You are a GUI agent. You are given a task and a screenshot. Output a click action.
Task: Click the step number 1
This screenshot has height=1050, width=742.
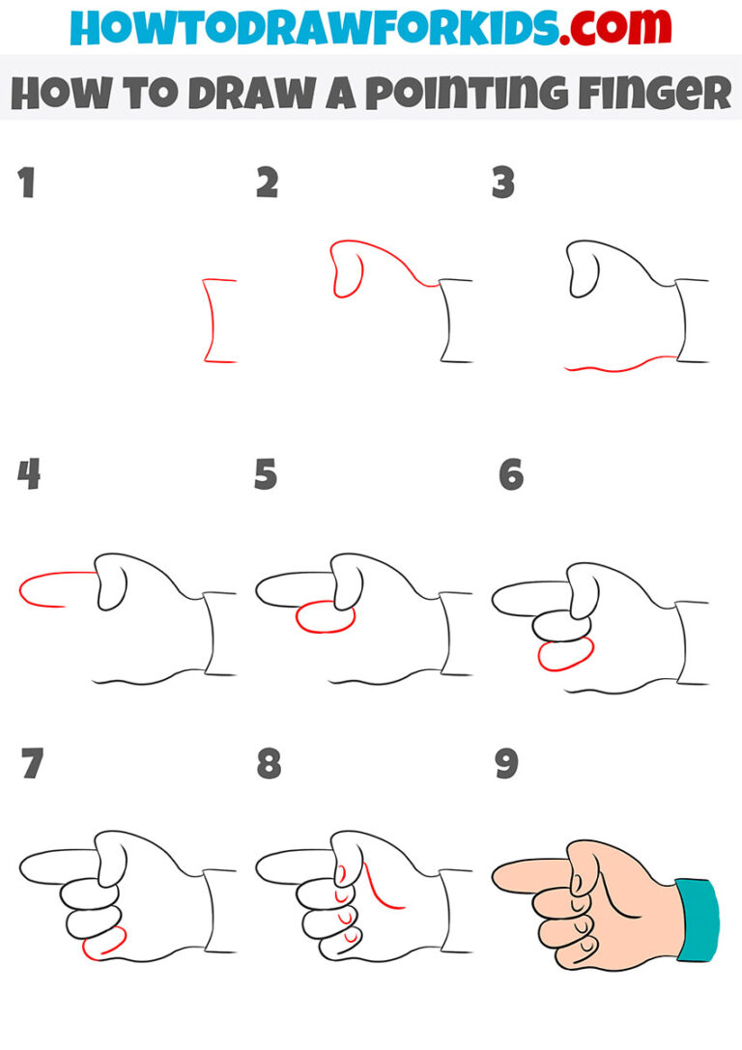[x=27, y=183]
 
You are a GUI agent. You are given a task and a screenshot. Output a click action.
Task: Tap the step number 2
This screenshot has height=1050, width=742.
[x=267, y=183]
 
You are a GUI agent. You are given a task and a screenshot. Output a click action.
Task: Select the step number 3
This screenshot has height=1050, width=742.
[x=503, y=183]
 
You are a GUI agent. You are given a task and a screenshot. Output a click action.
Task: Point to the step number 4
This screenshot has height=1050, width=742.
[x=29, y=474]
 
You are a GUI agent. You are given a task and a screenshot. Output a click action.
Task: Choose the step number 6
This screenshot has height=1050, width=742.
[x=510, y=474]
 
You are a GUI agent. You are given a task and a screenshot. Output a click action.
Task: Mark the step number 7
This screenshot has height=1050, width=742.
[x=31, y=764]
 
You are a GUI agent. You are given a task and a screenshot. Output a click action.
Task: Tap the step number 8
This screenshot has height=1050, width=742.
[x=269, y=764]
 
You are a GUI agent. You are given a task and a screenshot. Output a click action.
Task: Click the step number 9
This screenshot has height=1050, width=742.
[x=506, y=764]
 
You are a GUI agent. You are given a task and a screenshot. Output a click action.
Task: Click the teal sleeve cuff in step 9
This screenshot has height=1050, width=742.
[x=698, y=919]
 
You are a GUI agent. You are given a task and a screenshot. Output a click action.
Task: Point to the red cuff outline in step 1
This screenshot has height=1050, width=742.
[x=209, y=321]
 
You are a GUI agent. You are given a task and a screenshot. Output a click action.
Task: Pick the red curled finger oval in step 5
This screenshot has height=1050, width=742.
[x=326, y=617]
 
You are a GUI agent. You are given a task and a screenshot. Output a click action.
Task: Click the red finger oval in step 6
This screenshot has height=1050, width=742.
[x=564, y=656]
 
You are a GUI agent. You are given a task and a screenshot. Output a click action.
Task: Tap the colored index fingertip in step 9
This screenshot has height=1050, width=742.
[x=506, y=877]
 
